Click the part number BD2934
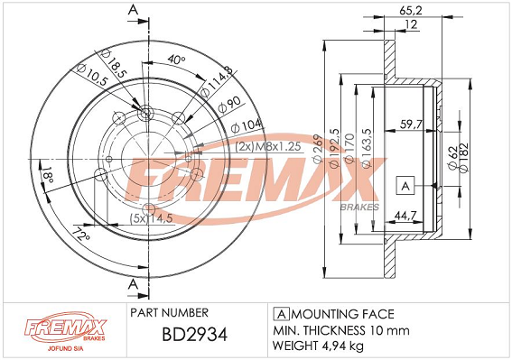tap(195, 335)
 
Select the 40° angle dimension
tap(176, 60)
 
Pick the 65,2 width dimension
tap(411, 11)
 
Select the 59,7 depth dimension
tap(412, 125)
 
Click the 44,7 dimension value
tap(405, 215)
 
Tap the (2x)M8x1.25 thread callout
tap(268, 147)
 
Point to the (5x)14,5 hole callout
tap(151, 218)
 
